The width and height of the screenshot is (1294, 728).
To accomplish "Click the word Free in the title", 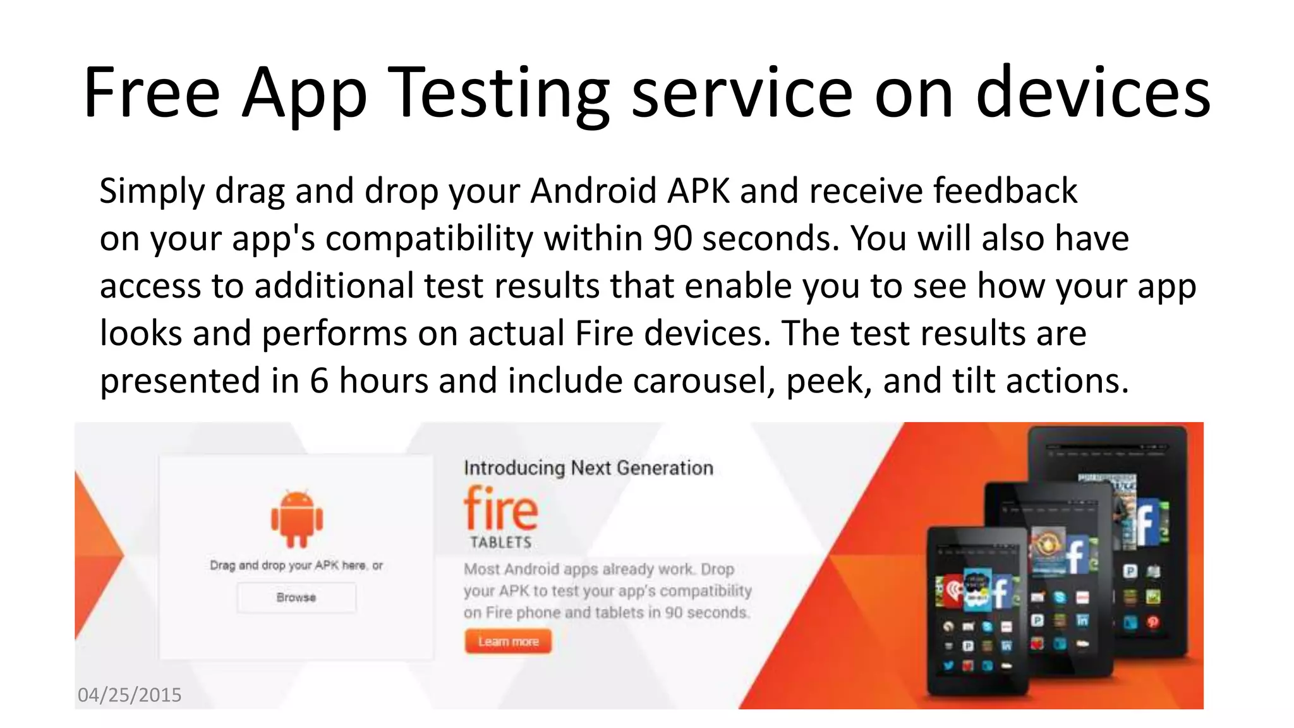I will pos(152,93).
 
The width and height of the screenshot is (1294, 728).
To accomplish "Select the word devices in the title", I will pos(1093,93).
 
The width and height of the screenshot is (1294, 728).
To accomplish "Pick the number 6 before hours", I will pos(319,380).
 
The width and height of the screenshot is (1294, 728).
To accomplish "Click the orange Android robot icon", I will pos(296,518).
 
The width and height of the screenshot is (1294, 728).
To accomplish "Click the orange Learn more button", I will pos(508,641).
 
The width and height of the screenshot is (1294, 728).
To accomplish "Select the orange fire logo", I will pos(500,509).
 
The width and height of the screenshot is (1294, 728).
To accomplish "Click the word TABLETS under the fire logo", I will pos(500,542).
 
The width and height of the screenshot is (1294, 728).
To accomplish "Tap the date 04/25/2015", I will pos(130,695).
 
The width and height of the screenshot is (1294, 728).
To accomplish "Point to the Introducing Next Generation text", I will pos(588,468).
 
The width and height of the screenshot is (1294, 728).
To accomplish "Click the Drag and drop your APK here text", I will pos(296,565).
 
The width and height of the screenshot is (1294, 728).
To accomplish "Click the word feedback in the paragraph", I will pos(1005,191).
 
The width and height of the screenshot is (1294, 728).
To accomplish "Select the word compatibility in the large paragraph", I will pos(429,238).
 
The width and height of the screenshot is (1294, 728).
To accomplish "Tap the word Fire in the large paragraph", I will pos(604,333).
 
